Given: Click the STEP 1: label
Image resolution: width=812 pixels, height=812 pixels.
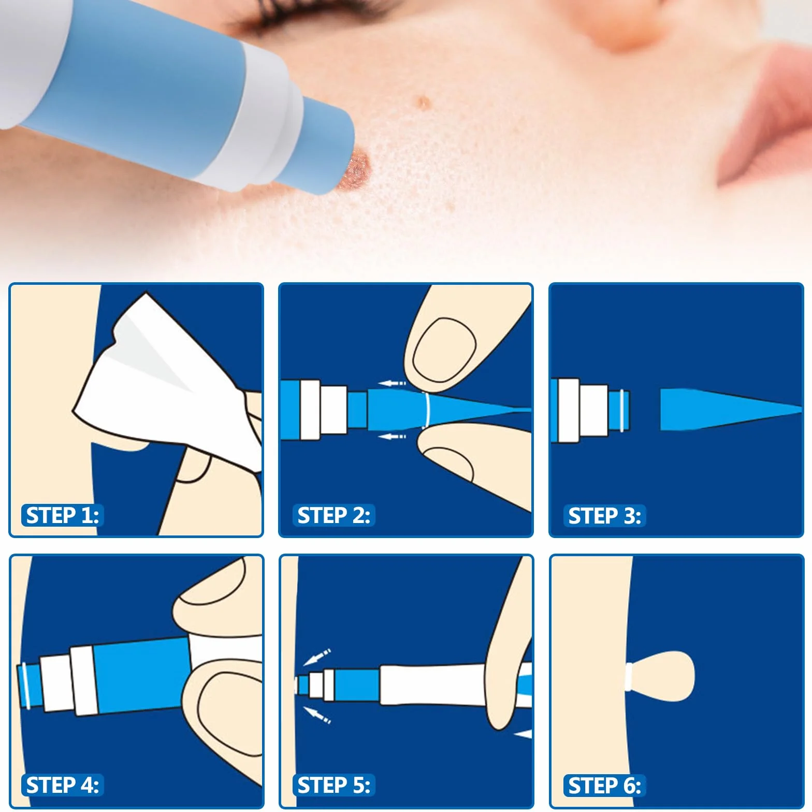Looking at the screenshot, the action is coord(62,515).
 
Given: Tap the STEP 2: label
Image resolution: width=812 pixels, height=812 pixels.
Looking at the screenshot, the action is coord(334,515).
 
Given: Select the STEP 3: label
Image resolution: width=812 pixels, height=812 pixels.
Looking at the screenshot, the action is coord(604,516).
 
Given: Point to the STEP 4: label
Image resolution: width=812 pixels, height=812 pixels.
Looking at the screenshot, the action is coord(62,785).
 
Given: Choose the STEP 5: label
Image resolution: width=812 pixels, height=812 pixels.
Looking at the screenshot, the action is coord(334,785).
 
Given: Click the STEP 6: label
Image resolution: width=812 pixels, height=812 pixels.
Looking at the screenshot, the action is coord(604,786).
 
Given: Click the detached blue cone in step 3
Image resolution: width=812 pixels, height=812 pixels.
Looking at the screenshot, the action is coord(730,409).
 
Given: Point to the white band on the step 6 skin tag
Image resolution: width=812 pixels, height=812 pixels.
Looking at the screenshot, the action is coord(629,676).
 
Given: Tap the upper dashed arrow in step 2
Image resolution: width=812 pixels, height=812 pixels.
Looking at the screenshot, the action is coord(392,384).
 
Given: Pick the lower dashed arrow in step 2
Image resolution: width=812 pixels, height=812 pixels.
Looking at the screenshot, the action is coord(392,437).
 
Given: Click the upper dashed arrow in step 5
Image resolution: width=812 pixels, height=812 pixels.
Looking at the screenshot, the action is coord(316,657).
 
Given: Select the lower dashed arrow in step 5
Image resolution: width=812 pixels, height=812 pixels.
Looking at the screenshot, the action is coord(316,715).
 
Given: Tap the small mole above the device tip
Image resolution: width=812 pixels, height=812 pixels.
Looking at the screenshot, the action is coord(424,103).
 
